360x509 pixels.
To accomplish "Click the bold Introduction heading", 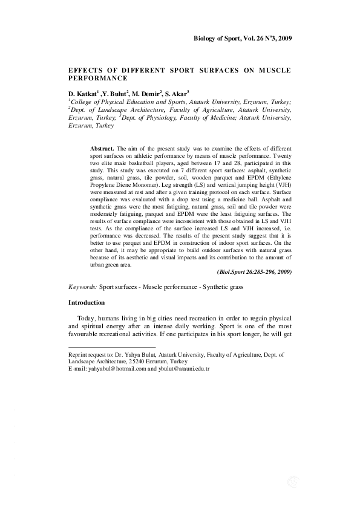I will click(x=87, y=302).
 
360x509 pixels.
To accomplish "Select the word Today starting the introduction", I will click(x=87, y=319).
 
